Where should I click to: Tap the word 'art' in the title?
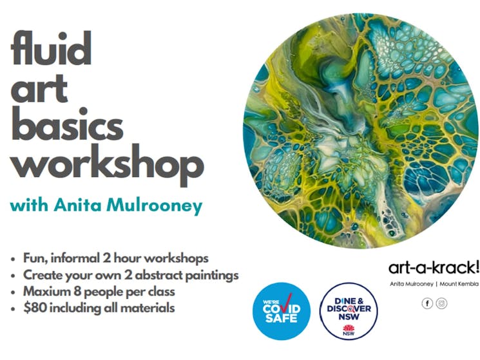pyautogui.click(x=39, y=88)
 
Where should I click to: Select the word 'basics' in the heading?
pyautogui.click(x=67, y=123)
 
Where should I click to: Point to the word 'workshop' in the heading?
pyautogui.click(x=107, y=163)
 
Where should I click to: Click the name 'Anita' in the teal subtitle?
pyautogui.click(x=77, y=205)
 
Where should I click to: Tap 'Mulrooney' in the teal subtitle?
pyautogui.click(x=154, y=206)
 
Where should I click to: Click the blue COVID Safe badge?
pyautogui.click(x=282, y=311)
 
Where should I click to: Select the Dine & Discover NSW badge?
pyautogui.click(x=349, y=311)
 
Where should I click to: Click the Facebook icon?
pyautogui.click(x=427, y=303)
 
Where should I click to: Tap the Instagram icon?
pyautogui.click(x=441, y=303)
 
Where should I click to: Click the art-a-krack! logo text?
pyautogui.click(x=433, y=268)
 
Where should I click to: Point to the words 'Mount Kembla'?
pyautogui.click(x=459, y=284)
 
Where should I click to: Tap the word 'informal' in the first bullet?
pyautogui.click(x=75, y=258)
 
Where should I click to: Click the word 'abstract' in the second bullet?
pyautogui.click(x=158, y=275)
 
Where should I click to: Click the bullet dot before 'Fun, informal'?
pyautogui.click(x=13, y=260)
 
